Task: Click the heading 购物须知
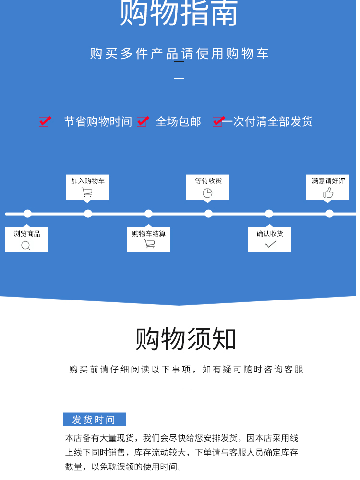coord(186,339)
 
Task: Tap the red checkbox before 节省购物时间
coord(45,121)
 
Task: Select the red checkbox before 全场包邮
coord(142,121)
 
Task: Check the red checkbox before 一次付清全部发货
coord(218,121)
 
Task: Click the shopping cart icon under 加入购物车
coord(87,192)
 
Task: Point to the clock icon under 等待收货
coord(207,193)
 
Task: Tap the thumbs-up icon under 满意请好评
coord(328,193)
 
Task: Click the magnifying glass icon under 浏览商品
coord(26,246)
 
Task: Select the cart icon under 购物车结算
coord(149,244)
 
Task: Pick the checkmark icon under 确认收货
coord(270,244)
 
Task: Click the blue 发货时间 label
coord(95,420)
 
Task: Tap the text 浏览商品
coord(27,234)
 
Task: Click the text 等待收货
coord(208,180)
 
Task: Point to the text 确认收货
coord(270,234)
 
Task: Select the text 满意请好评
coord(328,180)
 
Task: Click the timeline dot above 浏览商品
coord(27,214)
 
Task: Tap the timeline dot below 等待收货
coord(208,214)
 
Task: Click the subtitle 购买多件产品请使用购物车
coord(179,53)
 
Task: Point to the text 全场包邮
coord(178,121)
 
